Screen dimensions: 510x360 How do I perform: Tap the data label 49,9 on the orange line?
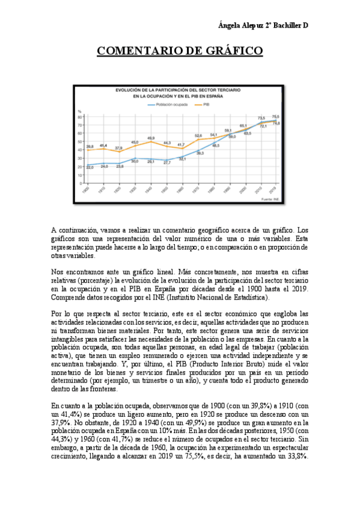click(x=151, y=138)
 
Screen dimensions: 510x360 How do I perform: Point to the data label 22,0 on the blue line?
click(x=90, y=167)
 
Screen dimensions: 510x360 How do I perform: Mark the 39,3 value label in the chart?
click(x=200, y=153)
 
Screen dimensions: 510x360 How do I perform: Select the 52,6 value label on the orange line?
click(x=198, y=135)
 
